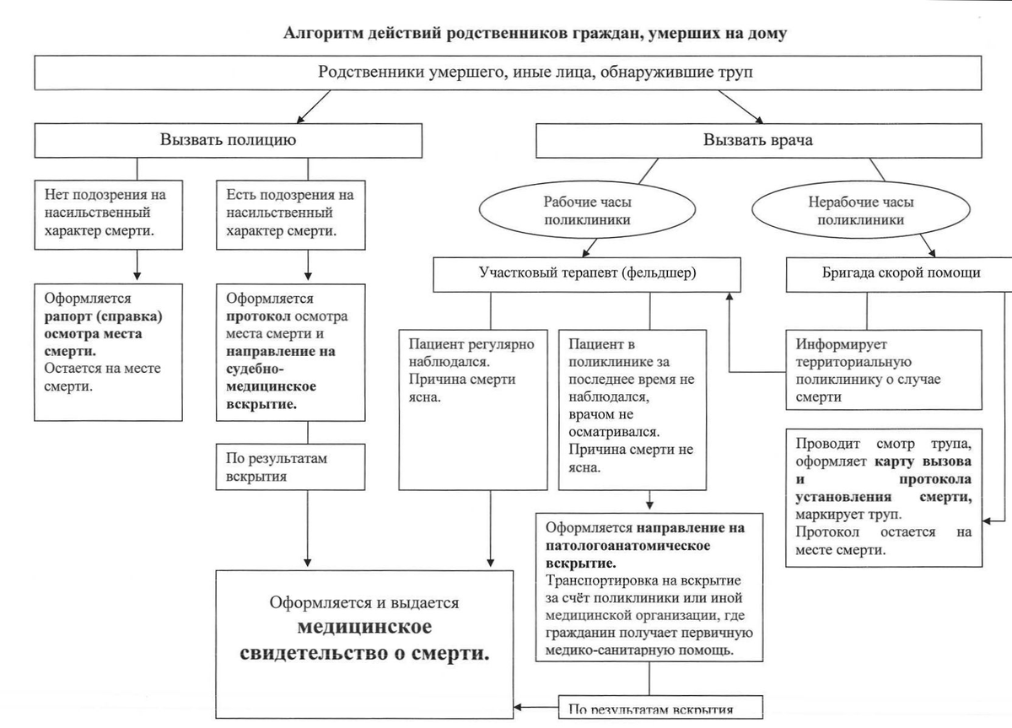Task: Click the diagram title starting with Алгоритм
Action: point(535,34)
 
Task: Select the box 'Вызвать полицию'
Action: point(228,140)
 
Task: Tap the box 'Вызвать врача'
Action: point(758,140)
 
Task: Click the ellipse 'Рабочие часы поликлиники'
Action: point(588,211)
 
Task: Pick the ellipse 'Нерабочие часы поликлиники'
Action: point(861,211)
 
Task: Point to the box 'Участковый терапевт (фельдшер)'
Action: point(587,273)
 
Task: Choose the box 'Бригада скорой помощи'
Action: point(901,273)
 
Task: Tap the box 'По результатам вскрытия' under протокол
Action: point(291,467)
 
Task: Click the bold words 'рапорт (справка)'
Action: point(102,316)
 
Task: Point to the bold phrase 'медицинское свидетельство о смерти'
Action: point(364,641)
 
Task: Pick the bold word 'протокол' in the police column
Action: point(255,316)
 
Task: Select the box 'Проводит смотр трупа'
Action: point(884,498)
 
